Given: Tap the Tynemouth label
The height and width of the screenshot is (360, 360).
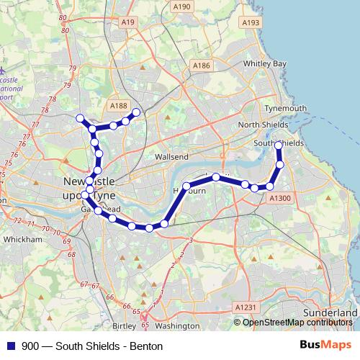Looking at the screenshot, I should [286, 109].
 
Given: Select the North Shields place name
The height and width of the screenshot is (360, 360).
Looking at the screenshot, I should [262, 125].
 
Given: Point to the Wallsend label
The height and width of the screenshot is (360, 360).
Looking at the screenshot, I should [171, 156].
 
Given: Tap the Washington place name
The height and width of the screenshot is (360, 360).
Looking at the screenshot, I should [176, 325].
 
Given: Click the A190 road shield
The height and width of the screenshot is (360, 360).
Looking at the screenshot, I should [182, 6].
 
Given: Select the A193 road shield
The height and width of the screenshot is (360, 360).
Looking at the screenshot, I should [251, 23].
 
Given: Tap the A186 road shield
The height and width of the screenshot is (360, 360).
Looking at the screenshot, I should [202, 66].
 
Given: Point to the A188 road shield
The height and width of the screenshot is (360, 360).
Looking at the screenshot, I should [118, 106].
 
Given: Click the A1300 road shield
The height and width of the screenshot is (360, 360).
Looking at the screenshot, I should [279, 197].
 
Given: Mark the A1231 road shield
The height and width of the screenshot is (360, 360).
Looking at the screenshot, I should [245, 307].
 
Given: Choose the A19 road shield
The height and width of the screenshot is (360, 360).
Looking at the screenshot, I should [129, 23].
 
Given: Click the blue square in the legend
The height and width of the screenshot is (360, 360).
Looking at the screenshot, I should [10, 346].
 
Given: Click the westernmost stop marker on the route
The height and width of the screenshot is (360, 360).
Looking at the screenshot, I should [80, 118].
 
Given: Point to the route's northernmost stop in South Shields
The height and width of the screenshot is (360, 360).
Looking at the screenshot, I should [279, 146].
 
